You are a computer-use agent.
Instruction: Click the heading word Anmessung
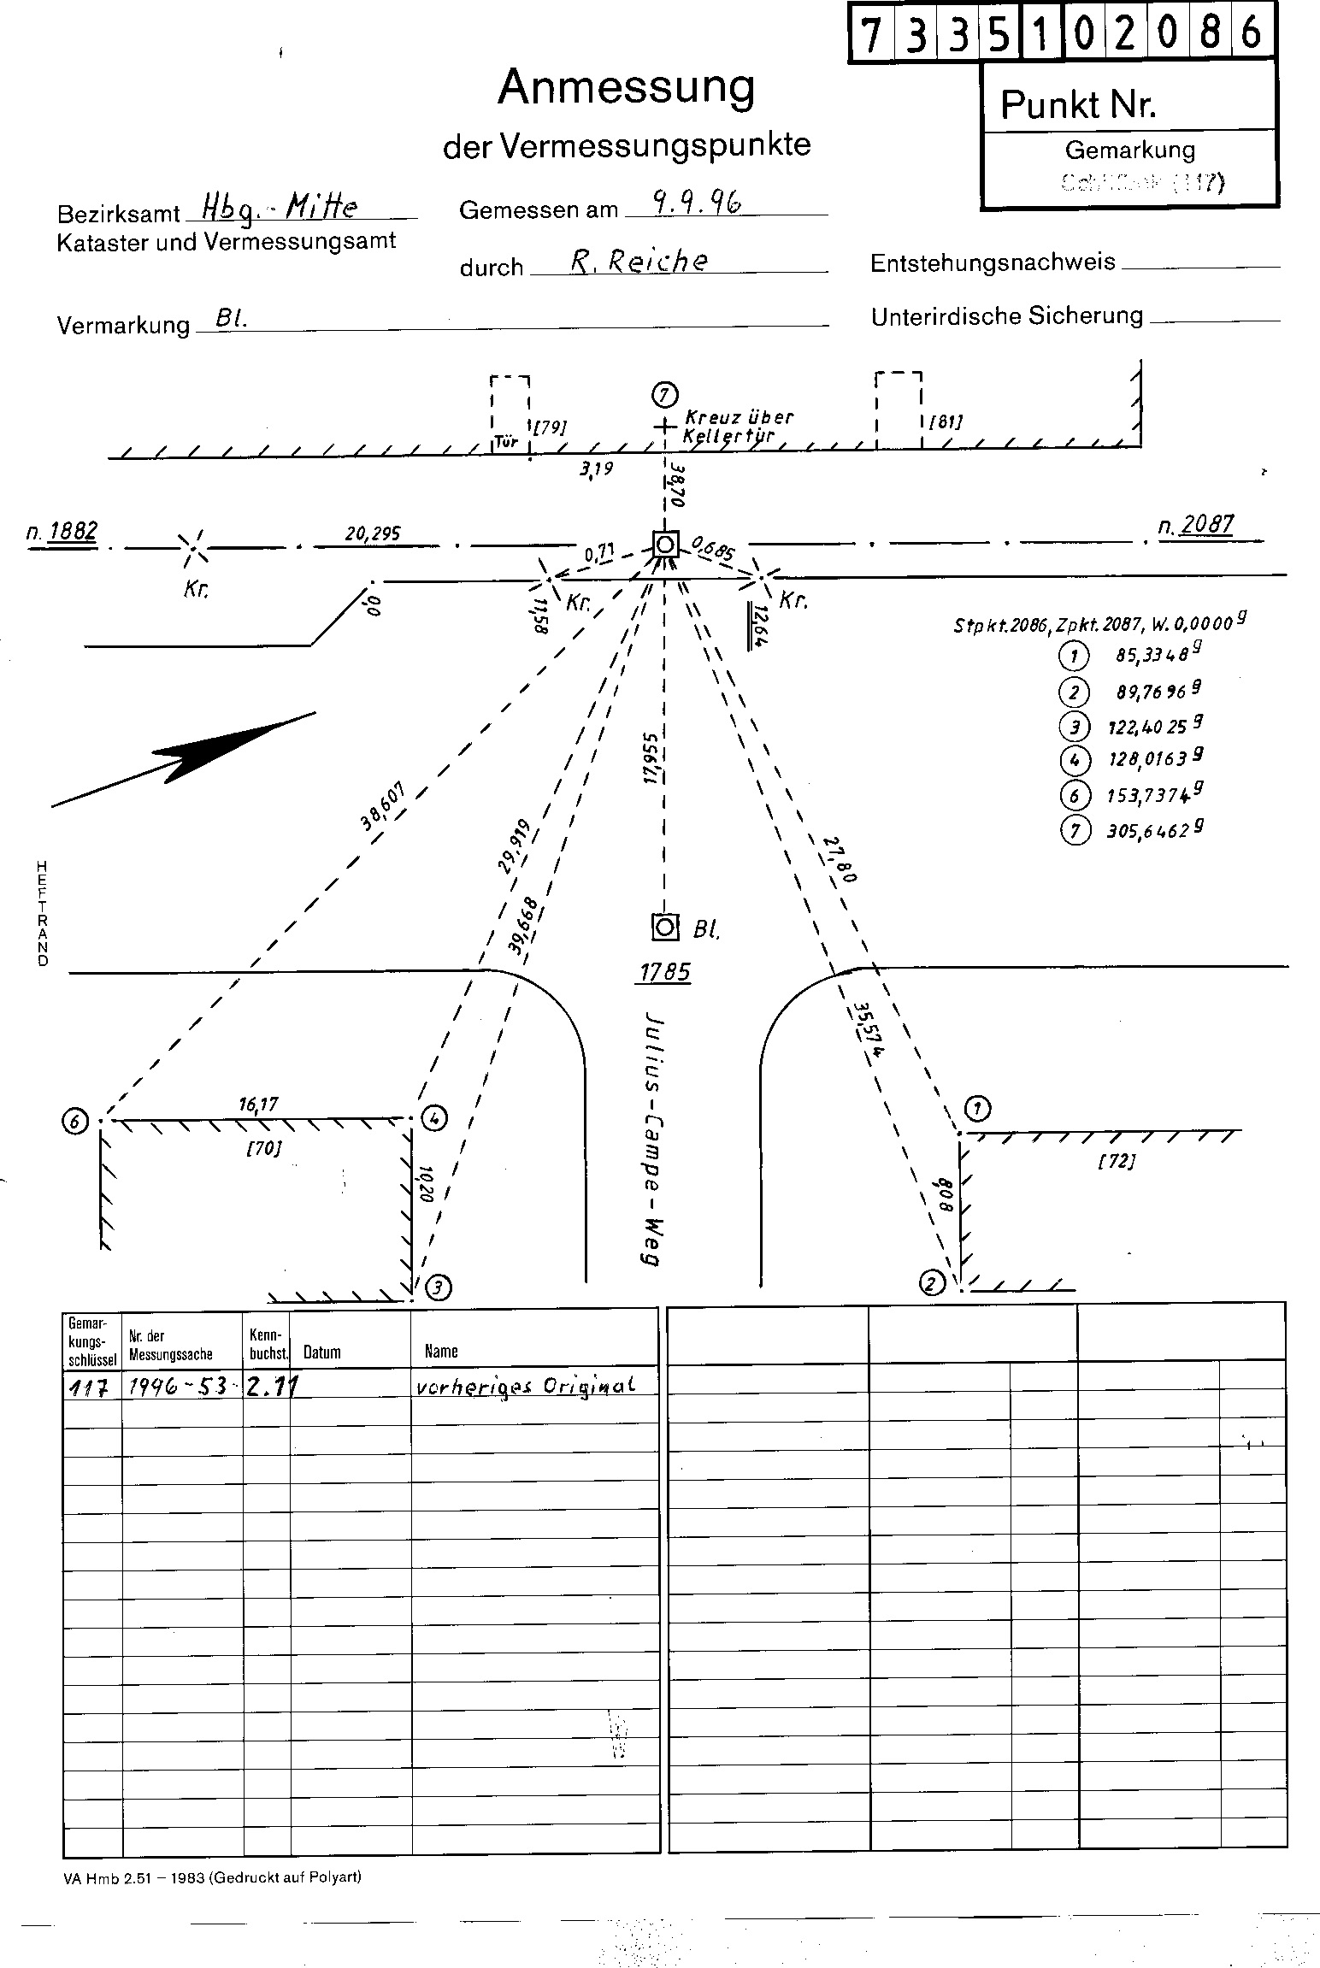pyautogui.click(x=627, y=88)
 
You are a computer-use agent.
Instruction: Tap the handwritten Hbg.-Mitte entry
pyautogui.click(x=279, y=205)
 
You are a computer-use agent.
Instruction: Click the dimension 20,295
pyautogui.click(x=373, y=533)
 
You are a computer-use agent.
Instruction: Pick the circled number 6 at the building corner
pyautogui.click(x=76, y=1121)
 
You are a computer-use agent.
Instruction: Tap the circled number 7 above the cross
pyautogui.click(x=664, y=395)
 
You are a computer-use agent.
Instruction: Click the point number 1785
pyautogui.click(x=664, y=972)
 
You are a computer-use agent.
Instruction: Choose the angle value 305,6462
pyautogui.click(x=1147, y=830)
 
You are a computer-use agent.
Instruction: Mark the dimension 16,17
pyautogui.click(x=257, y=1105)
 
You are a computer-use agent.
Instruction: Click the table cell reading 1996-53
pyautogui.click(x=177, y=1388)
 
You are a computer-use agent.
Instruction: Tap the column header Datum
pyautogui.click(x=322, y=1352)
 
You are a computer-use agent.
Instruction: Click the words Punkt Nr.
pyautogui.click(x=1077, y=105)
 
